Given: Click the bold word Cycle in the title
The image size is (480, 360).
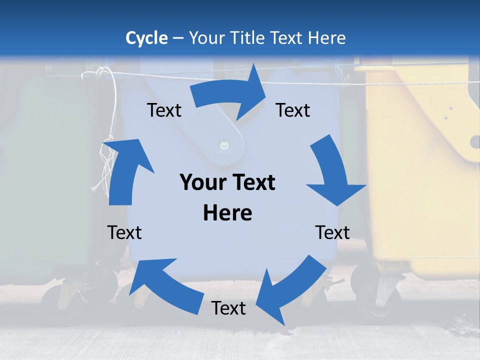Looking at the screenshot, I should (146, 38).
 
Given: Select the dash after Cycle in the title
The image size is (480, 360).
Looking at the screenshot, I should (178, 38).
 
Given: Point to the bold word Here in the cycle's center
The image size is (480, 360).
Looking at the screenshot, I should (227, 213).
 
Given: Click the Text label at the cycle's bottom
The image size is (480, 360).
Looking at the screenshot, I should (228, 308).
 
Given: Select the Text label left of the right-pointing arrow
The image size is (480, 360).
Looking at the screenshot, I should (164, 110).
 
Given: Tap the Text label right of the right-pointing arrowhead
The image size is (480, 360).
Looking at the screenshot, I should (293, 110).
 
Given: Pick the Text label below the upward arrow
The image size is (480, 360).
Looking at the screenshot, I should (124, 232).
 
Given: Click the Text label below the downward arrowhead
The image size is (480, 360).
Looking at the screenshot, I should (332, 232).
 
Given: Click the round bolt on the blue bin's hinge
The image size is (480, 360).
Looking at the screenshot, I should (224, 146).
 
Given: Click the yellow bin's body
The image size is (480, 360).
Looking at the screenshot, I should (420, 175).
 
